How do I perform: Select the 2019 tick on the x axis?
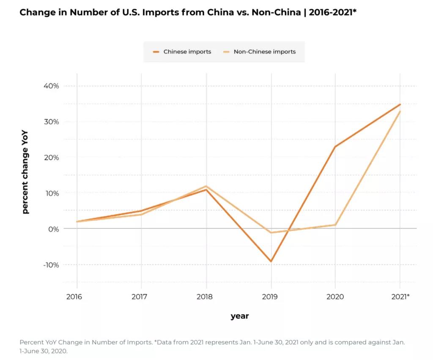click(x=269, y=297)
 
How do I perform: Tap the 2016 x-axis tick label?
click(x=74, y=297)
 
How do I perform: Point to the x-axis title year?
click(x=240, y=316)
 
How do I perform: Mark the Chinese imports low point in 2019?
click(x=271, y=261)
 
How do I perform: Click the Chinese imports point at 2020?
click(x=335, y=146)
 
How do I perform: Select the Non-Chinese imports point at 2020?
click(x=335, y=225)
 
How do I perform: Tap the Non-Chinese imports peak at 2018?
click(x=206, y=186)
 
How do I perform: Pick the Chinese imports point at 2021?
click(x=400, y=104)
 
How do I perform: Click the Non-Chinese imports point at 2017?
click(x=142, y=214)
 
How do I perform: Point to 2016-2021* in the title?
click(x=332, y=12)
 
